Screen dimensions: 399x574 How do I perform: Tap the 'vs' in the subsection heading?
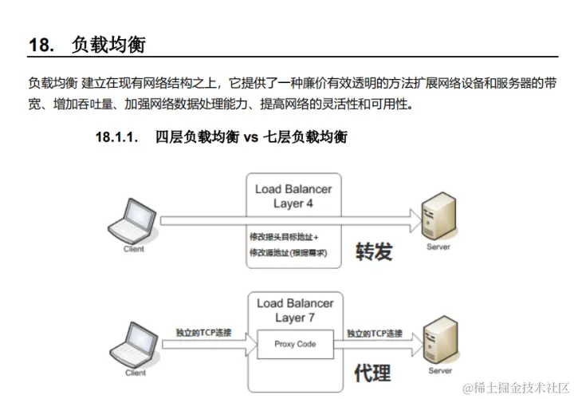coord(253,136)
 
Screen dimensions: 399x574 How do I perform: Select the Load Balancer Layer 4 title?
coord(293,196)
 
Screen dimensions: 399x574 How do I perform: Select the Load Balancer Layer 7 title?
coord(294,310)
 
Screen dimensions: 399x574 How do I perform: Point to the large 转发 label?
coord(374,251)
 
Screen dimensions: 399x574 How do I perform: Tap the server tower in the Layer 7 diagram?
coord(440,338)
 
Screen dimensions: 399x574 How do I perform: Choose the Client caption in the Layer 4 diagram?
coord(134,249)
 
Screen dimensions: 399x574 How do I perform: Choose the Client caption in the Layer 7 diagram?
coord(136,373)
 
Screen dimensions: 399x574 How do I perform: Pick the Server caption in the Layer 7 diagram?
coord(440,370)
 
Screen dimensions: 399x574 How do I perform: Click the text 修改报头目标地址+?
coord(284,238)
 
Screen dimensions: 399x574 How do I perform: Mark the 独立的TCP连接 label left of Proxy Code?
coord(203,332)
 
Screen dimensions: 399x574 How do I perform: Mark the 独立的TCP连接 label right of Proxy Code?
coord(374,333)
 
